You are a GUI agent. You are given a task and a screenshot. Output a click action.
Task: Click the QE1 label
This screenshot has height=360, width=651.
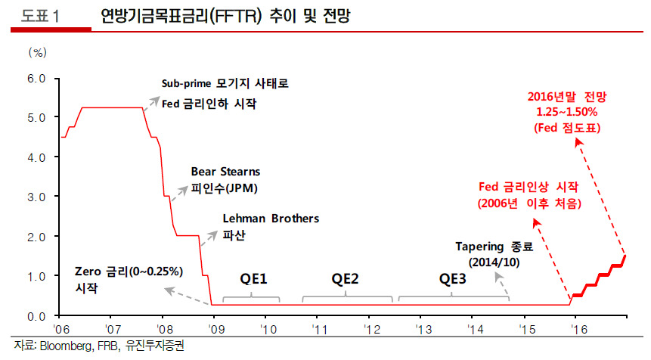click(254, 280)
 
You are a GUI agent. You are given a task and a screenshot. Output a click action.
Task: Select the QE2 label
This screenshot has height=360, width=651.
click(346, 280)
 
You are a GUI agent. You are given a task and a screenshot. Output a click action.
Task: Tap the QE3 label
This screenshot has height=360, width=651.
click(453, 280)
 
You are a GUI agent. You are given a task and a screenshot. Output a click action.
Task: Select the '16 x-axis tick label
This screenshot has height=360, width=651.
click(580, 330)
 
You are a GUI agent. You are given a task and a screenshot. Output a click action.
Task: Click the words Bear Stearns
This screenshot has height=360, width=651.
click(225, 171)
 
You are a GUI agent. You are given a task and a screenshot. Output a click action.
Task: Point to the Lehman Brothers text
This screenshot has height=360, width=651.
click(271, 219)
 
